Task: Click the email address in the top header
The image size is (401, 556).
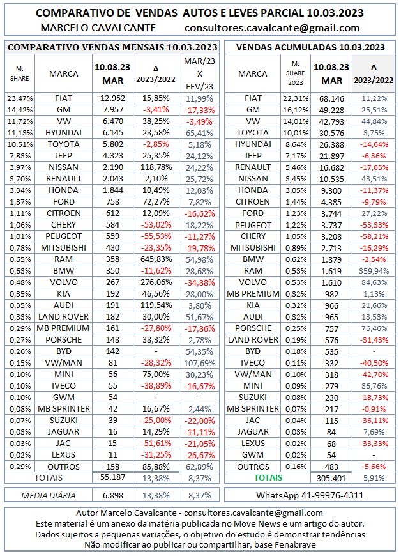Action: click(271, 27)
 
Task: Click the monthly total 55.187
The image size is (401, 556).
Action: click(108, 477)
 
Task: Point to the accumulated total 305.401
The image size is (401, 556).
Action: click(331, 477)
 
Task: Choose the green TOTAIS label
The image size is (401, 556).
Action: click(269, 477)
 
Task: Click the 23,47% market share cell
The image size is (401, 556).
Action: click(20, 98)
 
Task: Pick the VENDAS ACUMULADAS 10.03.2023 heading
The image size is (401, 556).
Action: click(310, 47)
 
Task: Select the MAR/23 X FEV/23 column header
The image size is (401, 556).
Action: click(199, 73)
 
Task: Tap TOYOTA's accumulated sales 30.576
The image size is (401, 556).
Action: click(331, 132)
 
